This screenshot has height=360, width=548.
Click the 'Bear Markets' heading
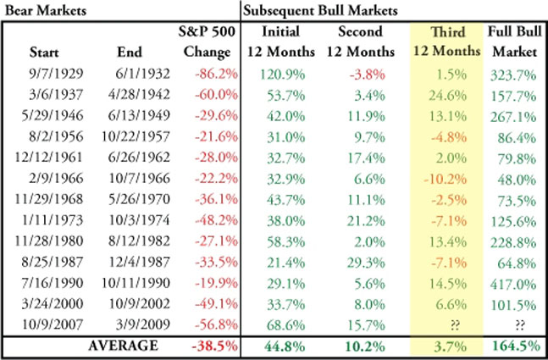46,10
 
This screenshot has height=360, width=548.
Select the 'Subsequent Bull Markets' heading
320,11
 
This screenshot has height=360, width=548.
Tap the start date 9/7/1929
56,74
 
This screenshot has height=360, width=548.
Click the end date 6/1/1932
142,74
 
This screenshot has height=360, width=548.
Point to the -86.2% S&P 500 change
216,74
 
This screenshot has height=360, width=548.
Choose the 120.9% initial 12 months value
282,75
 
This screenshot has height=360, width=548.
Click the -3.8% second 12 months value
368,75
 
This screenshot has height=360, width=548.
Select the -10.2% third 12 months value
445,180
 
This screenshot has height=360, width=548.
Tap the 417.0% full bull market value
513,284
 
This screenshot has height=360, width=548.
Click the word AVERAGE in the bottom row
123,346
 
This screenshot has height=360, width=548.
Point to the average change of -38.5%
214,346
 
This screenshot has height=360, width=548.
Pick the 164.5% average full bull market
516,346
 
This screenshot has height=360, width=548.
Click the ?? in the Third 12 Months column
455,325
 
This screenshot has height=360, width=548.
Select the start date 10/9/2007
53,324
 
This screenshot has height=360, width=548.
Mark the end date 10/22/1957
136,136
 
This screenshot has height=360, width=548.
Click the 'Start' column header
44,53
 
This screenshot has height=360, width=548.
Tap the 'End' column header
130,53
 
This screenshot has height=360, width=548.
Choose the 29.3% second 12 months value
366,263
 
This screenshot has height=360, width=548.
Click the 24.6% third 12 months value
447,96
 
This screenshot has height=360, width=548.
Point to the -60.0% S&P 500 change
216,95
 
